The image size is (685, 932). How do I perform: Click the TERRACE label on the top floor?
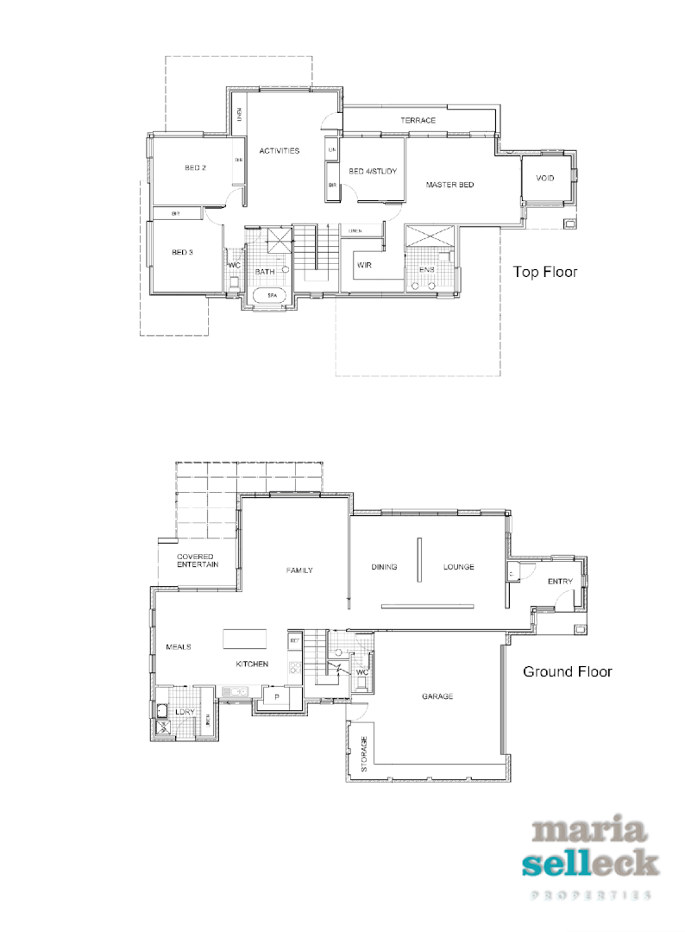(418, 121)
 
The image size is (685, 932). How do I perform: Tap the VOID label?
(544, 179)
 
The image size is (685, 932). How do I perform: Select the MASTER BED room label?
(449, 185)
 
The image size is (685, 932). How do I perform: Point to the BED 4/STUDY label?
(373, 173)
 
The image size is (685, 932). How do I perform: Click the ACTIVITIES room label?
(279, 151)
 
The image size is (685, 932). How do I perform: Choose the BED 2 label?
(195, 167)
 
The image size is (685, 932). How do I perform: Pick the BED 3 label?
(181, 253)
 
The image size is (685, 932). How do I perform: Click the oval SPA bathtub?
(272, 295)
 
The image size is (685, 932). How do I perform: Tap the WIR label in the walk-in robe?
(364, 266)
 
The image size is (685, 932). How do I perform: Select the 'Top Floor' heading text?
(545, 272)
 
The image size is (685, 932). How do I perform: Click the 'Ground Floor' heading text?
(567, 671)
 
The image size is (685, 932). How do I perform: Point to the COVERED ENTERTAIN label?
(198, 560)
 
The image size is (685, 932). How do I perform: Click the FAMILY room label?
(299, 570)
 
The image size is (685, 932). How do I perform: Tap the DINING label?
(384, 567)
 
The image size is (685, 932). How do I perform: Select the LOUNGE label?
(459, 567)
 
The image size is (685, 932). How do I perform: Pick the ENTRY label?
(560, 582)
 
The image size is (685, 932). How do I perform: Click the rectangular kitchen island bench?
(244, 639)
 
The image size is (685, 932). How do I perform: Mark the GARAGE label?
(437, 696)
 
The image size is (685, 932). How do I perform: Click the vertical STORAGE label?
(364, 753)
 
